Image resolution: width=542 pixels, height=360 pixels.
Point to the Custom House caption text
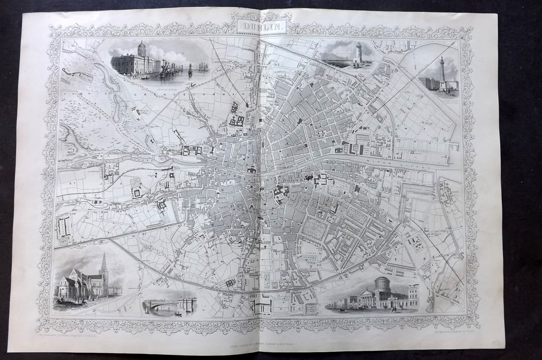(x=136, y=80)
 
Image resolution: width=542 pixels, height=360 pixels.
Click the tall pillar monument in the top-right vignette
(x=442, y=69)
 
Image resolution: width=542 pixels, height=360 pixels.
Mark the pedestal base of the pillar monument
(x=442, y=86)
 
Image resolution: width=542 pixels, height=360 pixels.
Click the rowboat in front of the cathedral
(x=66, y=302)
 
